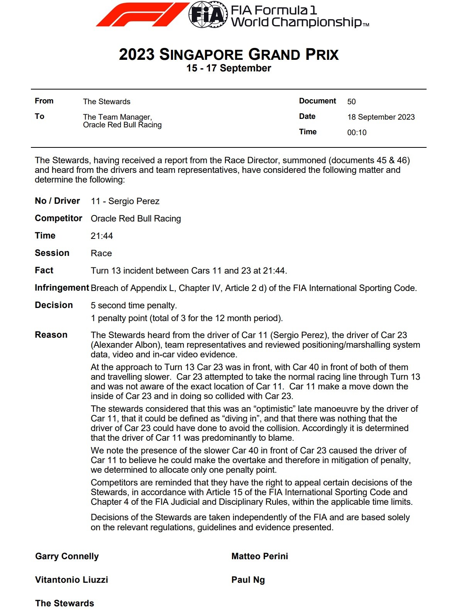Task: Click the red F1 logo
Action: pyautogui.click(x=142, y=15)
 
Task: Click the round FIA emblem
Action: pyautogui.click(x=208, y=15)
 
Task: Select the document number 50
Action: pyautogui.click(x=351, y=101)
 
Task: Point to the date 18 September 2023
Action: pyautogui.click(x=381, y=117)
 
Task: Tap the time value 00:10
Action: pyautogui.click(x=357, y=132)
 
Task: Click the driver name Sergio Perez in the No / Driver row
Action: pyautogui.click(x=134, y=201)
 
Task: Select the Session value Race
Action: pyautogui.click(x=101, y=253)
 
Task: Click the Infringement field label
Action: pyautogui.click(x=62, y=288)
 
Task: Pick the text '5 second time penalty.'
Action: pyautogui.click(x=134, y=305)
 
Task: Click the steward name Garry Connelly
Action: pyautogui.click(x=67, y=556)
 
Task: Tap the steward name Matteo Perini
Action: pyautogui.click(x=259, y=556)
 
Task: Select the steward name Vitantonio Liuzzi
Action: pyautogui.click(x=71, y=580)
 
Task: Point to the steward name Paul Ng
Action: pyautogui.click(x=248, y=580)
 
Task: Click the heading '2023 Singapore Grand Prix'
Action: pyautogui.click(x=229, y=54)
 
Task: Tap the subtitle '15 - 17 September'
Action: pyautogui.click(x=229, y=68)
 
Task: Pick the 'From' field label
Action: pyautogui.click(x=44, y=101)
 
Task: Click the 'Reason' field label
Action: pyautogui.click(x=51, y=335)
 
